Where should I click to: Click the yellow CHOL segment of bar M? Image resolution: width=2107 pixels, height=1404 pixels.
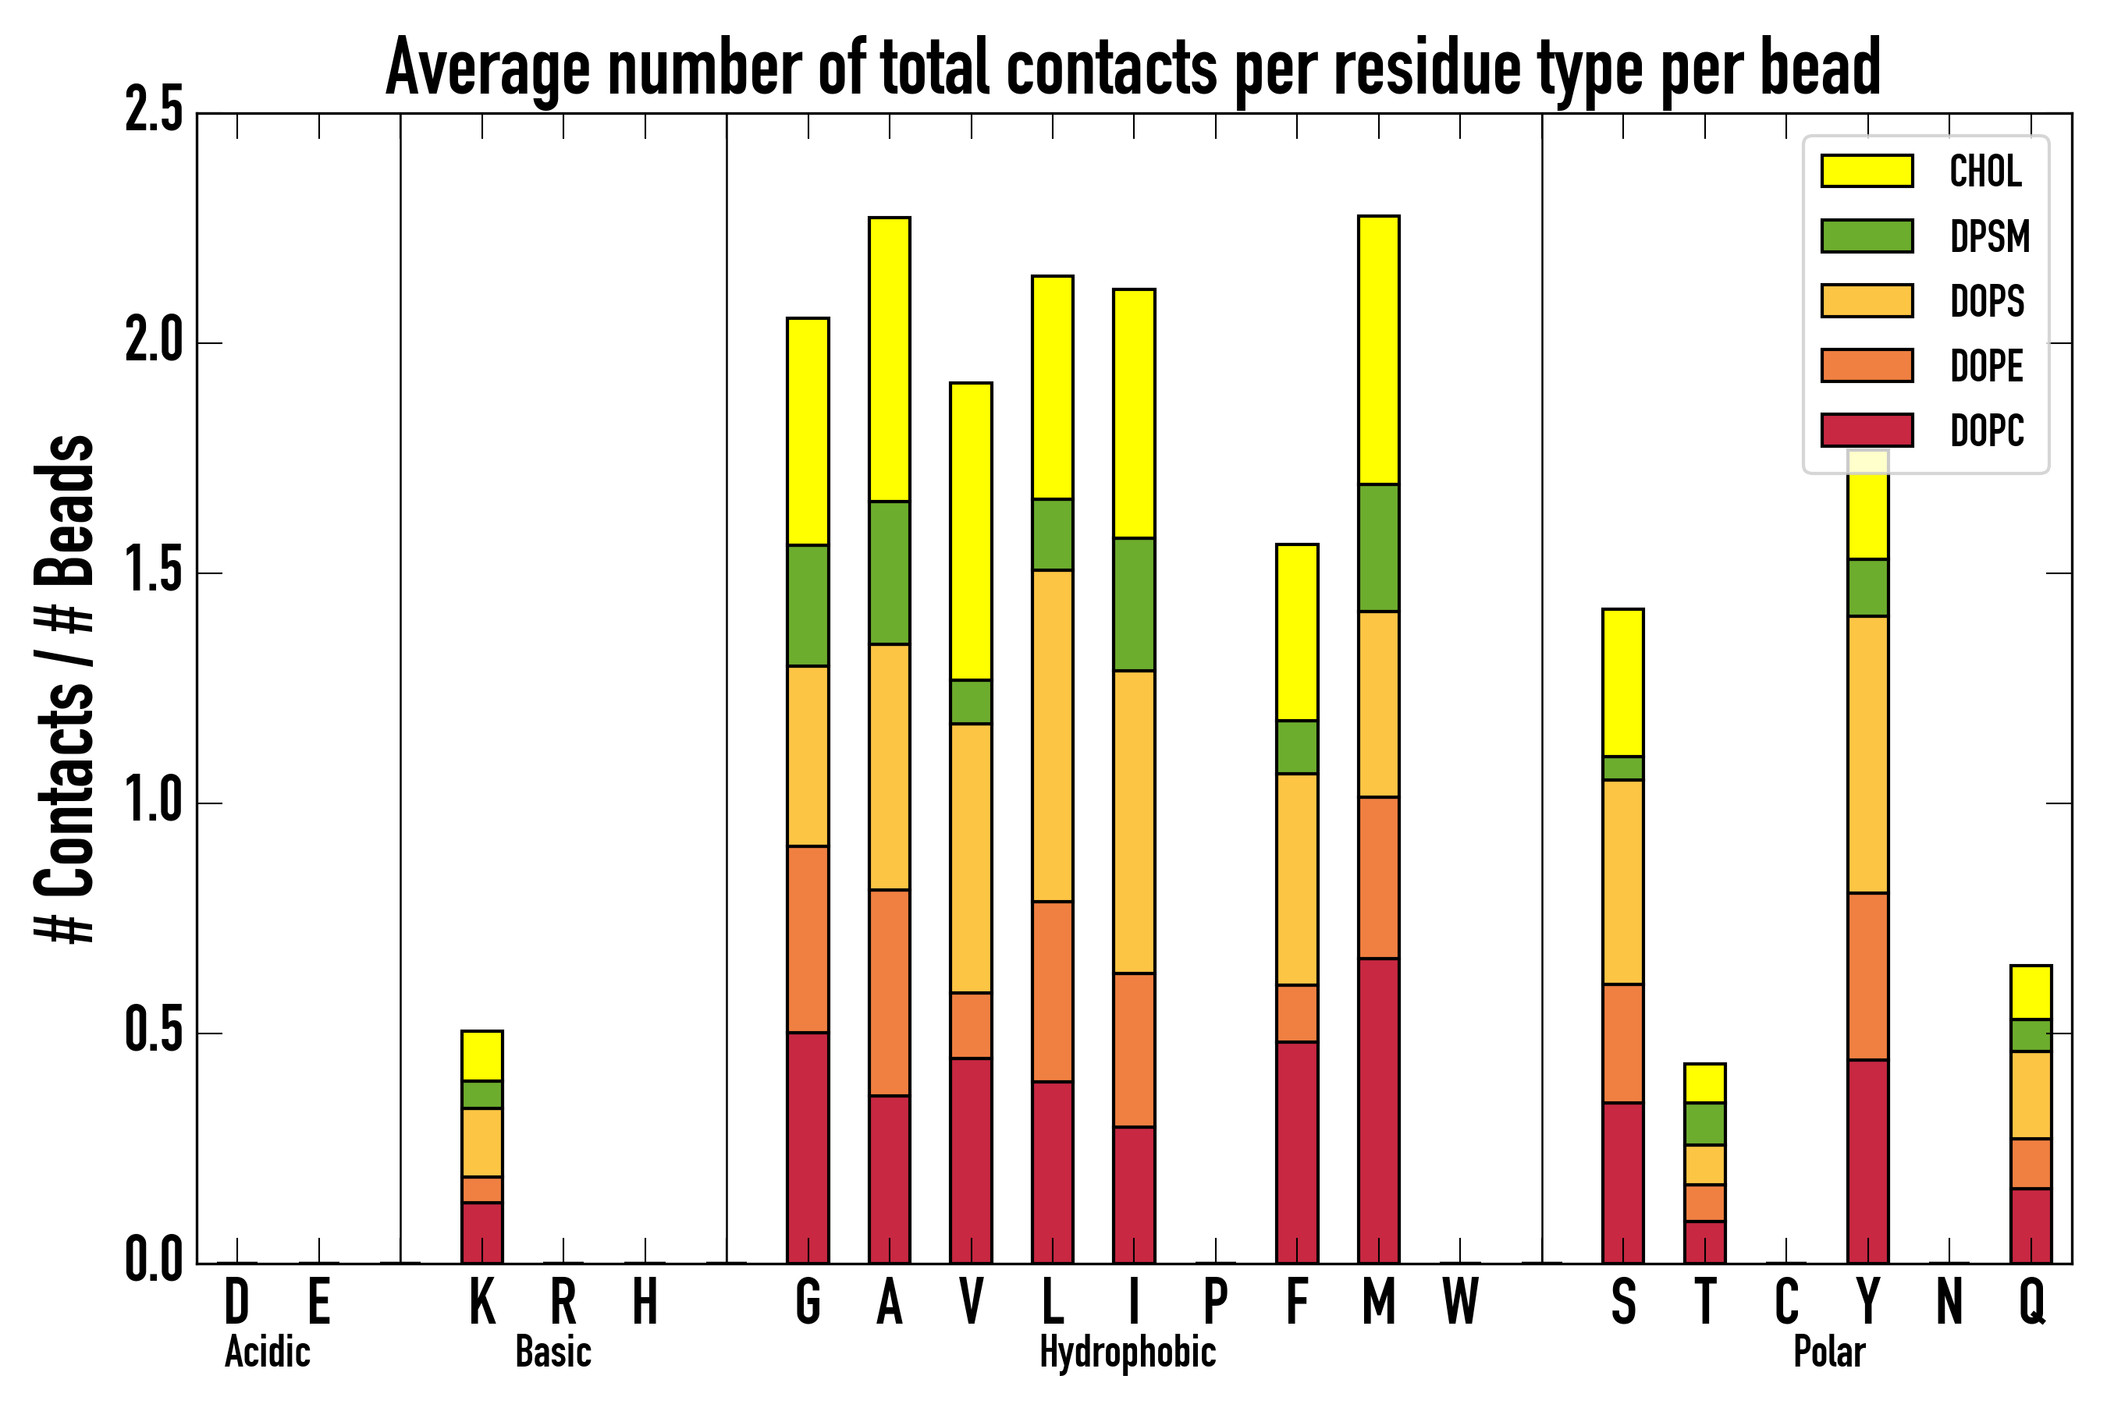pos(1378,349)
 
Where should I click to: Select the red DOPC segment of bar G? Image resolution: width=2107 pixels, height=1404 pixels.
pos(807,1147)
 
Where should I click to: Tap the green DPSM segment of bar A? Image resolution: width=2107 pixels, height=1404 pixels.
pos(889,573)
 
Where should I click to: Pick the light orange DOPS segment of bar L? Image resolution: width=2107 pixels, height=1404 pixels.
pos(1052,735)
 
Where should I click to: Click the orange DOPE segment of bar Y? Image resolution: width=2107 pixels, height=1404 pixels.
pos(1867,976)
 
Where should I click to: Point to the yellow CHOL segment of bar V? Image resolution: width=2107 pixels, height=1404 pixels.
pos(970,531)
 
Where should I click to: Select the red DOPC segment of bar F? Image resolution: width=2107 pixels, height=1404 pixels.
pos(1296,1151)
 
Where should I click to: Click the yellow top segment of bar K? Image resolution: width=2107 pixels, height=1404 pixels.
pos(482,1055)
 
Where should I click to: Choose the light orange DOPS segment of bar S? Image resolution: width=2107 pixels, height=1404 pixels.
pos(1622,882)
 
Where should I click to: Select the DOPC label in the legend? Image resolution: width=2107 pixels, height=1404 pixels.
pos(1986,431)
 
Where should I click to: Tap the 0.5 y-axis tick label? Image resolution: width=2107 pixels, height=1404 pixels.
pos(153,1033)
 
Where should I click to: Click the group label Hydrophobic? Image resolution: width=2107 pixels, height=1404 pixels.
pos(1127,1352)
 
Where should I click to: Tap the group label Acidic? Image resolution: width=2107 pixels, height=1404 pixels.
pos(267,1352)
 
